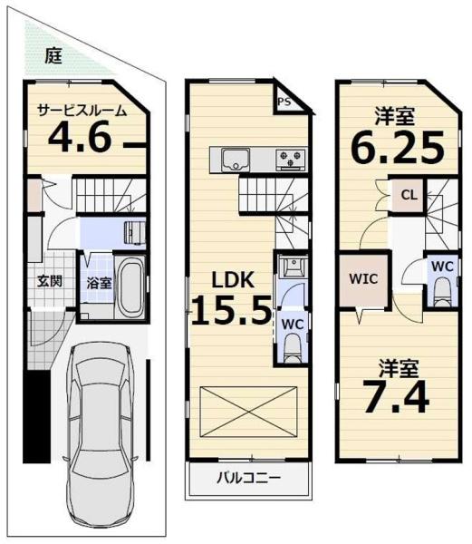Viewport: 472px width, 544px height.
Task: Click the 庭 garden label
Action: [x=54, y=55]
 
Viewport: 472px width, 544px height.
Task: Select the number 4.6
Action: [x=79, y=141]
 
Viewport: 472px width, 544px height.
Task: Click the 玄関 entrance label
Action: [x=50, y=280]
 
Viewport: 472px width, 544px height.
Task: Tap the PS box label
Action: [x=284, y=102]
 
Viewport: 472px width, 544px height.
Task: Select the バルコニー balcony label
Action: [x=247, y=478]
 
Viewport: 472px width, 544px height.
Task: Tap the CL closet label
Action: [x=407, y=194]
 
